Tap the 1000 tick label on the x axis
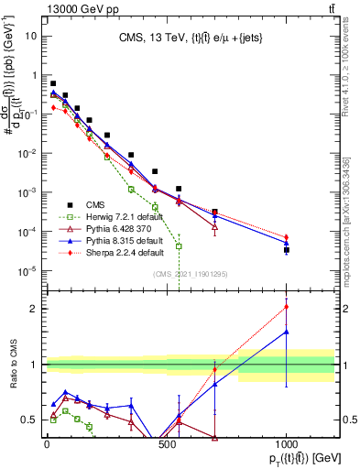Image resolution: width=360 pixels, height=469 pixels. click(x=287, y=445)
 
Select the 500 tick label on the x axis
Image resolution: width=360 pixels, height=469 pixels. click(x=167, y=445)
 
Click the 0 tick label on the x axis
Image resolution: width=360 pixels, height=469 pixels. click(x=47, y=445)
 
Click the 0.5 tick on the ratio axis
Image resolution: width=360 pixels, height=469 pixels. click(x=27, y=420)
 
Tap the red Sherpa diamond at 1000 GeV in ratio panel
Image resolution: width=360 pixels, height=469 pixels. click(x=287, y=307)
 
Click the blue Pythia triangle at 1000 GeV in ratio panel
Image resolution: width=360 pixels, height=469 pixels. click(x=287, y=332)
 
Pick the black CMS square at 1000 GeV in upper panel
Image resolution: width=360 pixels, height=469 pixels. click(x=287, y=249)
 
